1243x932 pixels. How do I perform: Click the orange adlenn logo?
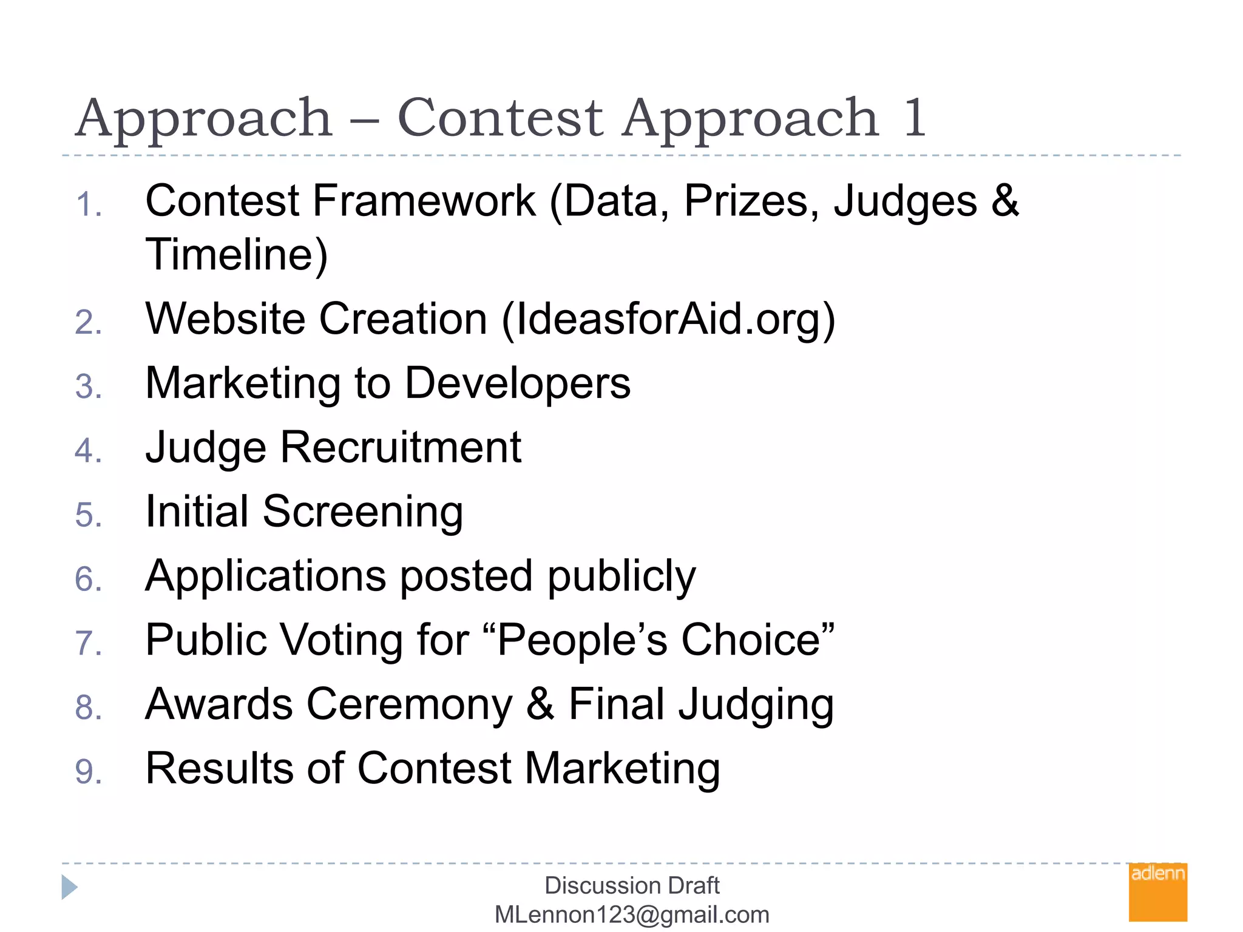tap(1157, 891)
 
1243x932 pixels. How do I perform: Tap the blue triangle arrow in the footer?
tap(69, 887)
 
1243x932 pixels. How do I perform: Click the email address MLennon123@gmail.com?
tap(632, 914)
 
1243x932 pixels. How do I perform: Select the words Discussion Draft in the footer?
tap(632, 885)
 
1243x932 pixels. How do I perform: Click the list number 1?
tap(89, 204)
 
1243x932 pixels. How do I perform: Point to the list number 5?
tap(89, 515)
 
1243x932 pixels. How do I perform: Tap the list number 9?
tap(89, 772)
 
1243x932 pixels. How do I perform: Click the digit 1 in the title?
tap(915, 118)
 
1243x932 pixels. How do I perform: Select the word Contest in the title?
tap(500, 118)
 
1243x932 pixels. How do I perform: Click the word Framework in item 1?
tap(424, 201)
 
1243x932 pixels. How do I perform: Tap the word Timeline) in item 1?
tap(237, 255)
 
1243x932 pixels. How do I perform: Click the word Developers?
tap(518, 384)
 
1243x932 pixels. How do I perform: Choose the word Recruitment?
tap(401, 448)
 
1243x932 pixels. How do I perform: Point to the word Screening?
tap(363, 512)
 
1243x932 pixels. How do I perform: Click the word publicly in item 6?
tap(622, 576)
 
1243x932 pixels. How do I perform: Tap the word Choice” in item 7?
tap(758, 640)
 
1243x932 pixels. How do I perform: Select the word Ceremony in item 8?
tap(410, 704)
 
